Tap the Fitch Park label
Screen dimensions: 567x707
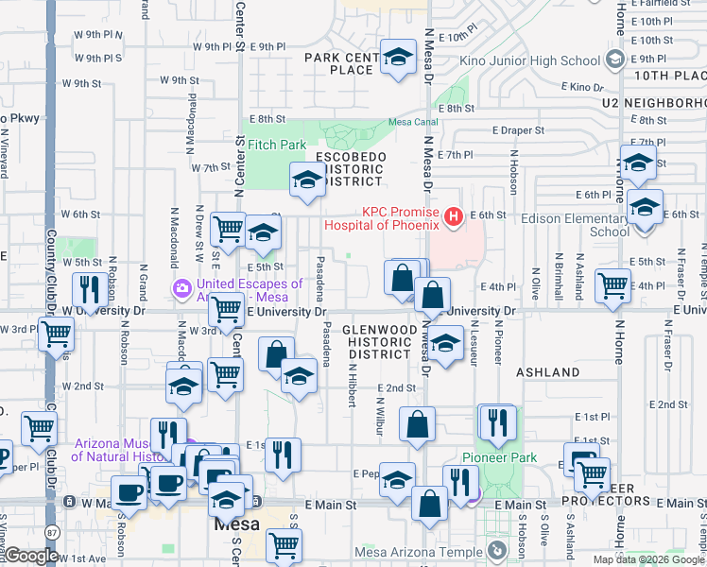[x=277, y=145]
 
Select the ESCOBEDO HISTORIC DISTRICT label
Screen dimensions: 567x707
[x=349, y=168]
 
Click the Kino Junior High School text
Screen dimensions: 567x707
[x=528, y=61]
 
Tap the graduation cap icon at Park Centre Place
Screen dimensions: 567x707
[x=399, y=57]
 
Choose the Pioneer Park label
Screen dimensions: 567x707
[x=499, y=458]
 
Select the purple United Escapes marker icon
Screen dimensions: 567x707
[x=180, y=286]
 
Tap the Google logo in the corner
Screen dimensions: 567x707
[x=31, y=556]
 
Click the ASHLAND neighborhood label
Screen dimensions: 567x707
[x=547, y=372]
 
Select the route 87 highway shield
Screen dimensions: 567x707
[x=49, y=534]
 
